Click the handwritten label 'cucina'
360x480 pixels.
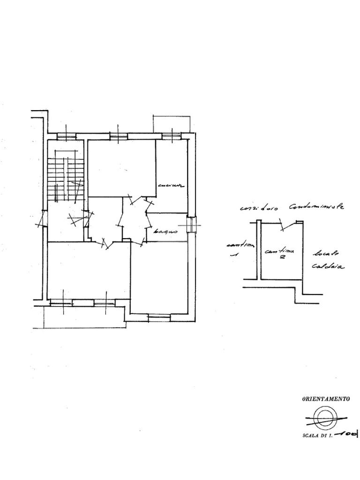171,186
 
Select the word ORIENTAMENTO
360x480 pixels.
326,399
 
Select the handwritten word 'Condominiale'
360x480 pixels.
316,206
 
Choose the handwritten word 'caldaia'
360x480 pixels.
328,267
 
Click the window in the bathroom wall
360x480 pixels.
190,225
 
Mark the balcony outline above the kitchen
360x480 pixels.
172,123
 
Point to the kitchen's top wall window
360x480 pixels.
172,136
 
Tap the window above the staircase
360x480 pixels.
66,136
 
